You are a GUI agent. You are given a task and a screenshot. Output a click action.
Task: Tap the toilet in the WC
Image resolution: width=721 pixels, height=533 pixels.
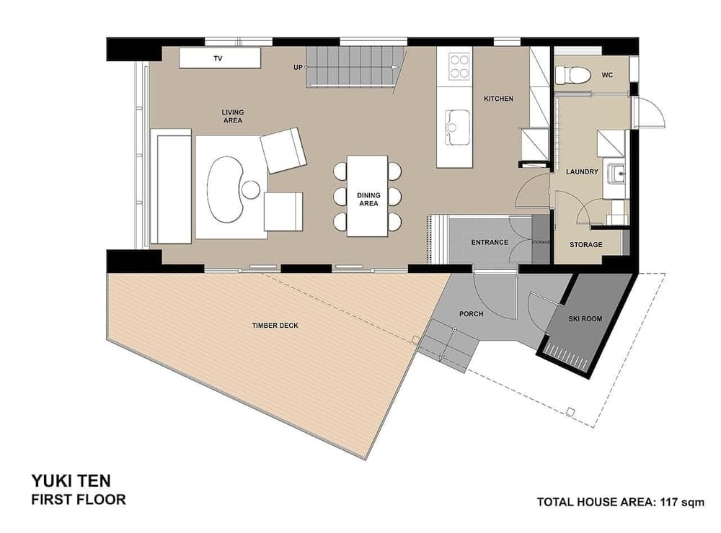[x=572, y=74]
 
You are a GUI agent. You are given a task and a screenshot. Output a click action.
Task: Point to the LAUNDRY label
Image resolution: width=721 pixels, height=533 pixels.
[x=583, y=172]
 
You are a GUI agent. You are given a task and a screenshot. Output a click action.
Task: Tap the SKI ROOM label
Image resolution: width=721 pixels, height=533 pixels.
[x=584, y=318]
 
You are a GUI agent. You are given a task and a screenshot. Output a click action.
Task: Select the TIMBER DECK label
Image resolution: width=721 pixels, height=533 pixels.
[x=275, y=326]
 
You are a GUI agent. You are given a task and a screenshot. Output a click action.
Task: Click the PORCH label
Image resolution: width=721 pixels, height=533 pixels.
[x=471, y=314]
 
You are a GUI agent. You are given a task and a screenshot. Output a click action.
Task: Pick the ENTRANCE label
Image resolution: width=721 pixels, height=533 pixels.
[x=490, y=243]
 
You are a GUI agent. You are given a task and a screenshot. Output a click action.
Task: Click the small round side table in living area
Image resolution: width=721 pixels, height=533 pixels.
[x=250, y=189]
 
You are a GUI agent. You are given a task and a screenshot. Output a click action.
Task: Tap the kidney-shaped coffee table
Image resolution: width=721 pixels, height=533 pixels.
[x=225, y=189]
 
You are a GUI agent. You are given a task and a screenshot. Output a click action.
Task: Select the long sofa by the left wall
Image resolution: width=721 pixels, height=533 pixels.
[x=172, y=187]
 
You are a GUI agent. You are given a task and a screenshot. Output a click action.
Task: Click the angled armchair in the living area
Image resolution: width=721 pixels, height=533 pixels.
[x=283, y=150]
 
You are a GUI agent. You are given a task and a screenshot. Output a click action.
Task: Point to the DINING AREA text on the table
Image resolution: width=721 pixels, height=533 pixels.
[x=368, y=199]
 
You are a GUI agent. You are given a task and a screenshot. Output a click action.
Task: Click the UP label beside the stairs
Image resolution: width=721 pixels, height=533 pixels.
[x=297, y=67]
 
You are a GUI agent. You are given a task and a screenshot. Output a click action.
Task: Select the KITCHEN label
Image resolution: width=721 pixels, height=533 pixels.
[x=498, y=99]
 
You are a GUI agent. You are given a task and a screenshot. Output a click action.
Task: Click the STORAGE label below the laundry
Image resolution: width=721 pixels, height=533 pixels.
[x=585, y=245]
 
